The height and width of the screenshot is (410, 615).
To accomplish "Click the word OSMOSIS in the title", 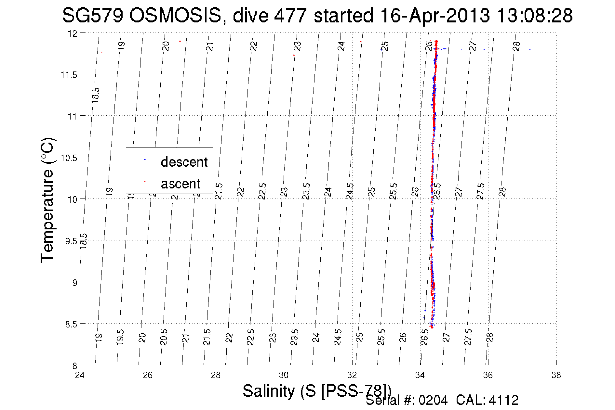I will (175, 16).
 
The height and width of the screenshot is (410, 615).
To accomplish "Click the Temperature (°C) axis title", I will (47, 200).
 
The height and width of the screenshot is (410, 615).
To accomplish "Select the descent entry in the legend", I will (184, 162).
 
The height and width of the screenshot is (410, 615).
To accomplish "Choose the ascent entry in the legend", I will (180, 184).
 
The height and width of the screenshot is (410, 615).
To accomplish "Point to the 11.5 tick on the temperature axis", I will (68, 75).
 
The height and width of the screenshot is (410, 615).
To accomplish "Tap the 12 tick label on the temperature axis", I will (73, 33).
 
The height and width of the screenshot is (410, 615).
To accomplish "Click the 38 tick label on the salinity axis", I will (556, 375).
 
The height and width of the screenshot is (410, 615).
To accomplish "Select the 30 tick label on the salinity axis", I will (284, 375).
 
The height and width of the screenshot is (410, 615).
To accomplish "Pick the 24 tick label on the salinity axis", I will (80, 375).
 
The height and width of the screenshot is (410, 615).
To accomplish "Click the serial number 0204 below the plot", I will (433, 400).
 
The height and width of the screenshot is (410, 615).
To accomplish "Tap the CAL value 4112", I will (503, 400).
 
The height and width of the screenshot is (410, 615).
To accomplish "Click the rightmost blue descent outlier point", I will (530, 49).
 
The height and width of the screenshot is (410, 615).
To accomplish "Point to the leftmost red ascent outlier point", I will (102, 52).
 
